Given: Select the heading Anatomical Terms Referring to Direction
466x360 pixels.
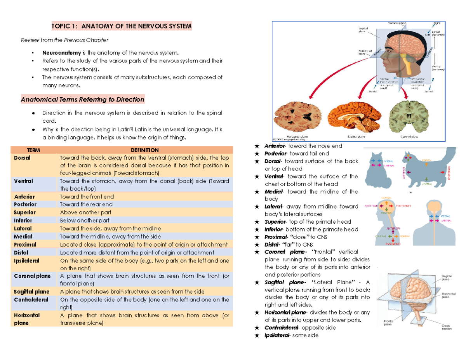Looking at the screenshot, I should coord(82,99).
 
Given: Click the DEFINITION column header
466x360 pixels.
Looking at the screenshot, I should coord(144,150).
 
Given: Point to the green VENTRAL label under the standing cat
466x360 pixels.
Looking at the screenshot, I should coord(427,184).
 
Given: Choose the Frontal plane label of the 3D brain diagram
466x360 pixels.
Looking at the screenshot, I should coord(388,323).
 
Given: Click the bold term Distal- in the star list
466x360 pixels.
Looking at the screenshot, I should coord(273,245).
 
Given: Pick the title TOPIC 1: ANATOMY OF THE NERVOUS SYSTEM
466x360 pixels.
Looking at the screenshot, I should coord(122,26).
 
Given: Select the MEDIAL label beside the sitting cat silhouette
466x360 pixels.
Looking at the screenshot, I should coord(388,161).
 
